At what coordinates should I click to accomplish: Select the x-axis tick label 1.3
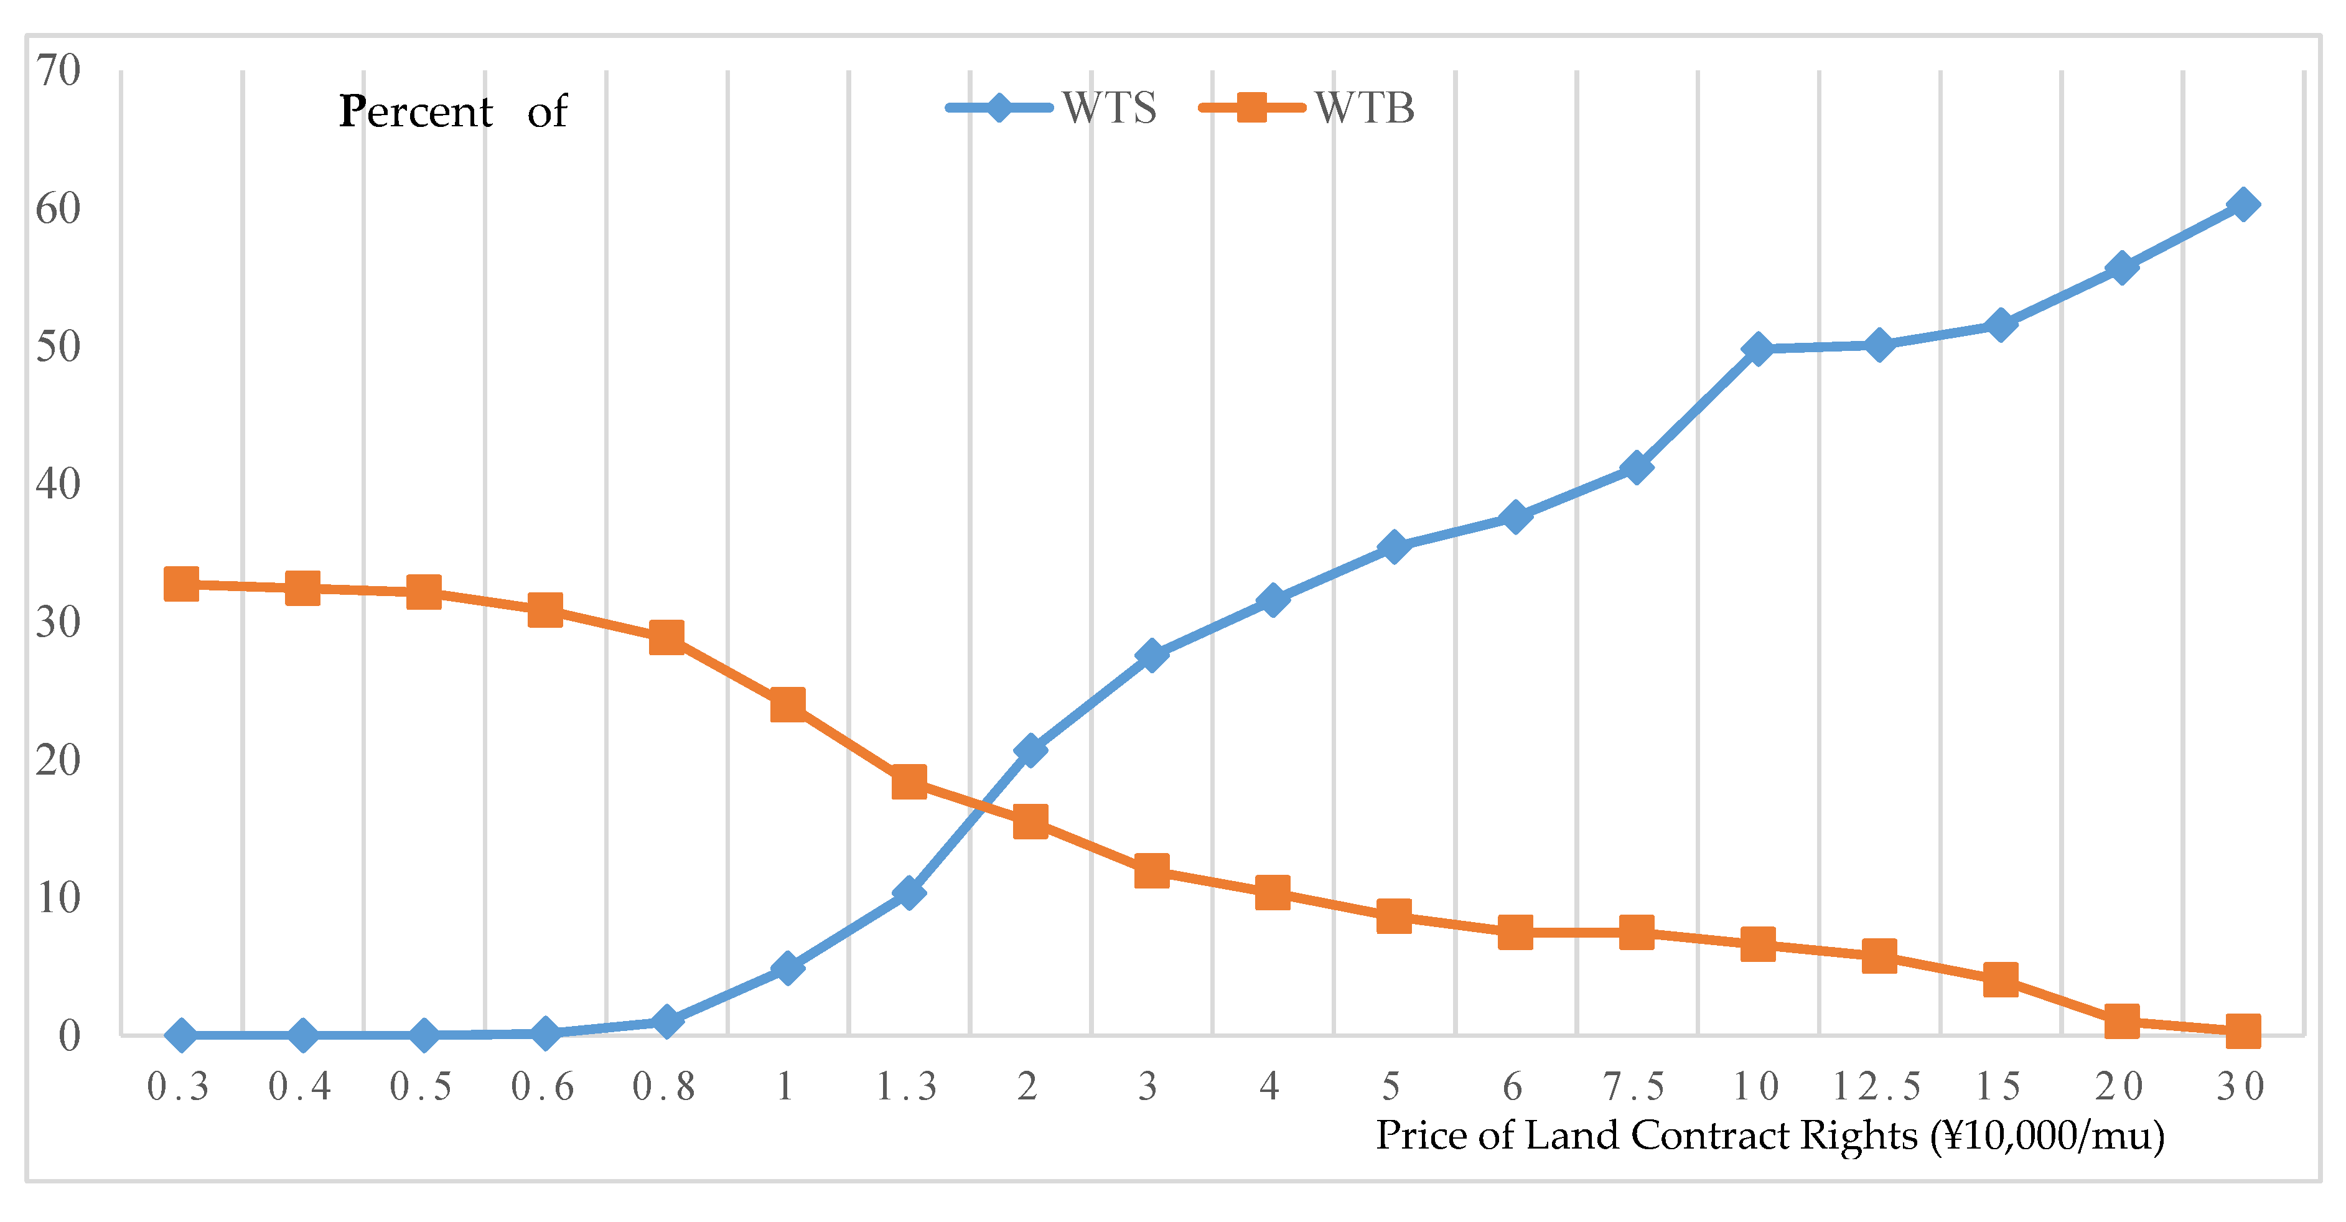click(907, 1086)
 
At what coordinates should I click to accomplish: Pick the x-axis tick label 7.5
click(1635, 1086)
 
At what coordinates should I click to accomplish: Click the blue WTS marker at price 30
click(2242, 205)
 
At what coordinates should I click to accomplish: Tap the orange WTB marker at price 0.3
click(181, 584)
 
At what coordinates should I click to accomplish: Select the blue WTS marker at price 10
click(1758, 349)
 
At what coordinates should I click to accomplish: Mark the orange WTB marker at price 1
click(788, 705)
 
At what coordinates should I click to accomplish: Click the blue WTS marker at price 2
click(1030, 749)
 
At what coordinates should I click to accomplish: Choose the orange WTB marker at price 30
click(2242, 1031)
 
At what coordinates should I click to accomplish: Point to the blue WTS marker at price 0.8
click(666, 1022)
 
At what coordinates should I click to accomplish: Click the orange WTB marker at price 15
click(2000, 980)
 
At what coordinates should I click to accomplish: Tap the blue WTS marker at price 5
click(1393, 546)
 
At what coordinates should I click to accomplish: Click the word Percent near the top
click(416, 113)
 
